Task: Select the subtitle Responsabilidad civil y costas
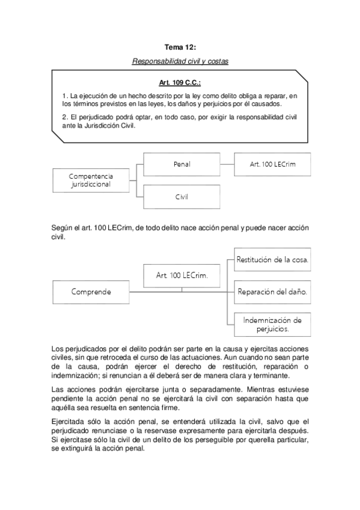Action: (x=180, y=61)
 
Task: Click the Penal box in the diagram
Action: (x=182, y=164)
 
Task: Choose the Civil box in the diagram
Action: (x=182, y=196)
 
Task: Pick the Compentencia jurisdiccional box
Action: (x=91, y=180)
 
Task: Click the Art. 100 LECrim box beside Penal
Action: (x=273, y=164)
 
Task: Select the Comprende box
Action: (x=91, y=292)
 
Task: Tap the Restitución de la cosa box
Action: (x=272, y=260)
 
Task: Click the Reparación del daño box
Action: (x=272, y=292)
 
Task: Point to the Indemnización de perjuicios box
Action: (x=272, y=325)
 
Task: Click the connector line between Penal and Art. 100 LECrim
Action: (x=227, y=164)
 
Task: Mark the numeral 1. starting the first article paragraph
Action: (x=65, y=96)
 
